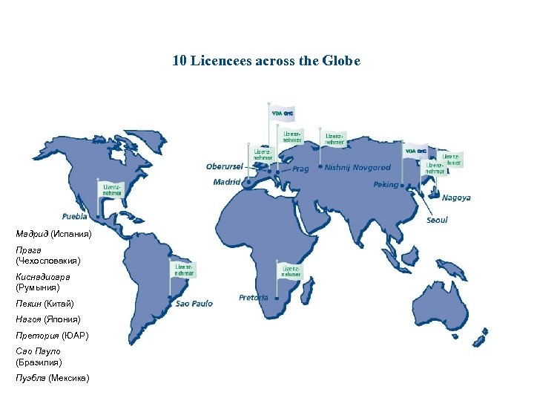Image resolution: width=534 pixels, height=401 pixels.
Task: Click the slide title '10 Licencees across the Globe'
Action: [266, 61]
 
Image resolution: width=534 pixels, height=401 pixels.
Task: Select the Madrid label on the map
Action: [226, 181]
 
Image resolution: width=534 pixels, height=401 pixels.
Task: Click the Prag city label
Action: [300, 169]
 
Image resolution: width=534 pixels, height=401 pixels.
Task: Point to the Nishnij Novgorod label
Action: [357, 168]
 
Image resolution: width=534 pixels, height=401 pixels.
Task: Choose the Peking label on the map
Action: [386, 184]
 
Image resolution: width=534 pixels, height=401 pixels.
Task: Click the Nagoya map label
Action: [456, 198]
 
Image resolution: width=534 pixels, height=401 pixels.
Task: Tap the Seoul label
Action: [437, 220]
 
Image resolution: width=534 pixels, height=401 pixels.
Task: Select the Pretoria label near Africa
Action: [254, 297]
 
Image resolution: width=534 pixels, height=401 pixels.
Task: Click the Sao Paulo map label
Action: [194, 304]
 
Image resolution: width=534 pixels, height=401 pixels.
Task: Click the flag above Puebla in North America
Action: [111, 189]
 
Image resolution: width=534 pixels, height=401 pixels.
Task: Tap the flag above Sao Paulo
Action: [184, 269]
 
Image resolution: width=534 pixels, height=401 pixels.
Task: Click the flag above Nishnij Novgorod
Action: [335, 138]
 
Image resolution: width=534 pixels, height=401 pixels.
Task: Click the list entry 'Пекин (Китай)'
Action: [44, 304]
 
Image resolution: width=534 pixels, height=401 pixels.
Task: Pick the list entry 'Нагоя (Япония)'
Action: [47, 319]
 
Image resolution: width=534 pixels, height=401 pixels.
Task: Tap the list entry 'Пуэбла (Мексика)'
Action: [52, 379]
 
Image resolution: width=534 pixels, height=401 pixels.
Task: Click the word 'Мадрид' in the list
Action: [32, 234]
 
